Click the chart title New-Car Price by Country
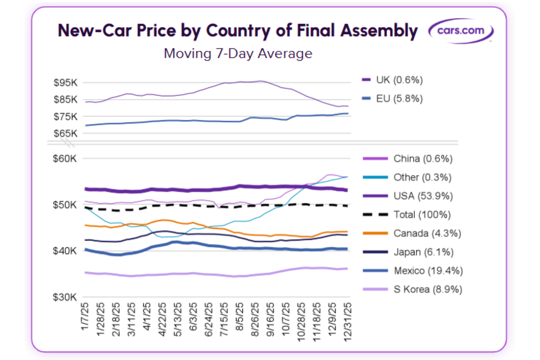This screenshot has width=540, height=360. pyautogui.click(x=238, y=31)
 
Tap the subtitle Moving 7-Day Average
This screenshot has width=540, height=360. pyautogui.click(x=238, y=54)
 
